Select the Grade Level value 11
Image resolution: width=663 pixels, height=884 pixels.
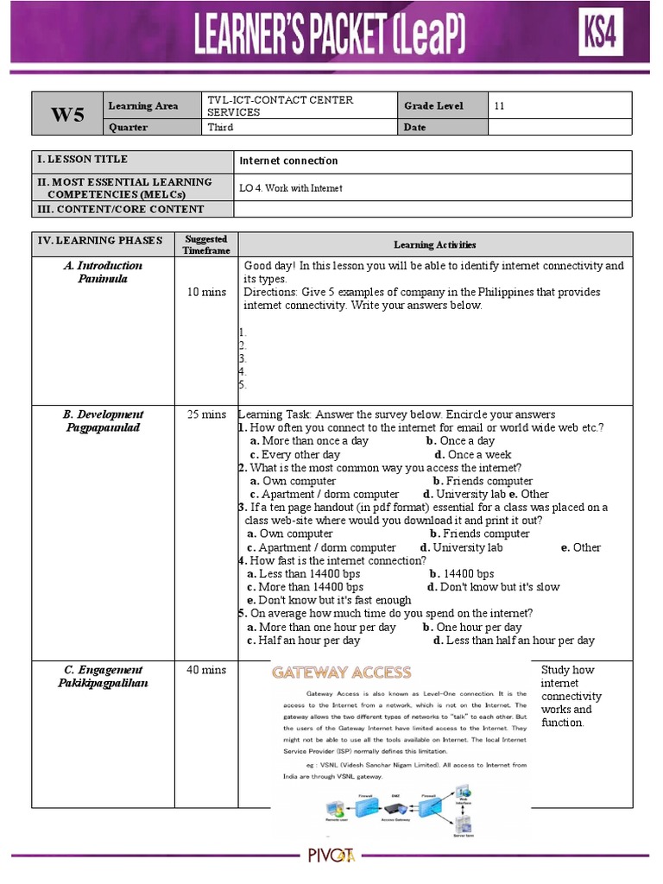499,106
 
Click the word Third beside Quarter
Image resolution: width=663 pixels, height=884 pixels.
220,128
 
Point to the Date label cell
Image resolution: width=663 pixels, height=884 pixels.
415,128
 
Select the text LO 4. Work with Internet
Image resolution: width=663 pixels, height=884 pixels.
291,188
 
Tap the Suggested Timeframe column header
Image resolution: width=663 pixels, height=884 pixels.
206,244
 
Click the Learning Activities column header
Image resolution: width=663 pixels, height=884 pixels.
435,245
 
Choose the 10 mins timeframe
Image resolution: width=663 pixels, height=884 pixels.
206,293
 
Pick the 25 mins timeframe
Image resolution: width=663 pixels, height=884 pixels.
206,414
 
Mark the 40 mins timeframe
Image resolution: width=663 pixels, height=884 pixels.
206,670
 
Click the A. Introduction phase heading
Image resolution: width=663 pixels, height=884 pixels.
103,266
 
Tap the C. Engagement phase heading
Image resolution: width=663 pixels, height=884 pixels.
103,670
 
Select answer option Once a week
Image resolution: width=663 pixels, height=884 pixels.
479,455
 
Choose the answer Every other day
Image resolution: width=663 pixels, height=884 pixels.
300,455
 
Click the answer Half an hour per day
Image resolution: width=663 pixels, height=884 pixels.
309,641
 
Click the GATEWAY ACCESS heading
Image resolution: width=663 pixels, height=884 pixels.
342,672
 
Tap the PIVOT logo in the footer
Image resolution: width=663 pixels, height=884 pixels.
332,857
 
